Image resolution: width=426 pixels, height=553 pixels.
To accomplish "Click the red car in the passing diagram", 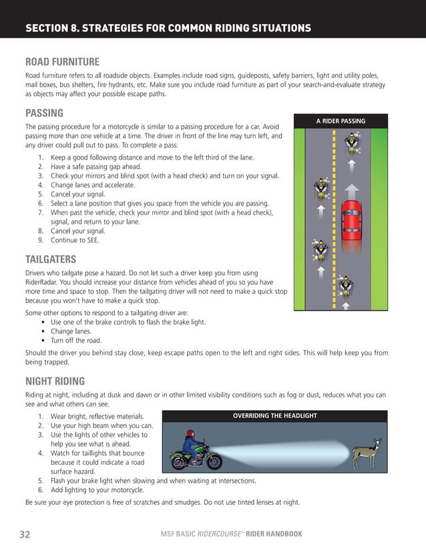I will click(351, 220).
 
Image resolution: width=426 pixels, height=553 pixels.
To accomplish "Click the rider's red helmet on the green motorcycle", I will click(190, 435).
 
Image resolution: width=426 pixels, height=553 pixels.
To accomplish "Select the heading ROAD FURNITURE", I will click(62, 61).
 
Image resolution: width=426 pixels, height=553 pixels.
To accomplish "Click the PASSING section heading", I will click(44, 112).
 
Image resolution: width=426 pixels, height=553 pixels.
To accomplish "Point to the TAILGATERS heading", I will click(51, 258).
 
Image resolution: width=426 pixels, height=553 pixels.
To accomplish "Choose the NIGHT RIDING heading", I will click(55, 381).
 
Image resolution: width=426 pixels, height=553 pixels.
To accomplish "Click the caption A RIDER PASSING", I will click(341, 121).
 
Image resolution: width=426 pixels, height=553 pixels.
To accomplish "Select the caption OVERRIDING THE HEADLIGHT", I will click(274, 415).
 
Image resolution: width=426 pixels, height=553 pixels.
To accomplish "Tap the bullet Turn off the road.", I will click(78, 340).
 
